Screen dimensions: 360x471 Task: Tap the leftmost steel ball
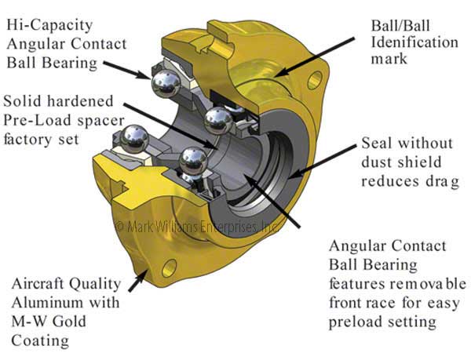[130, 143]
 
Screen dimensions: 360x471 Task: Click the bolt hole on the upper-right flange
[316, 79]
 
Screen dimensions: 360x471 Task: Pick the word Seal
[378, 144]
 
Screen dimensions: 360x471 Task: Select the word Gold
[78, 322]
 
